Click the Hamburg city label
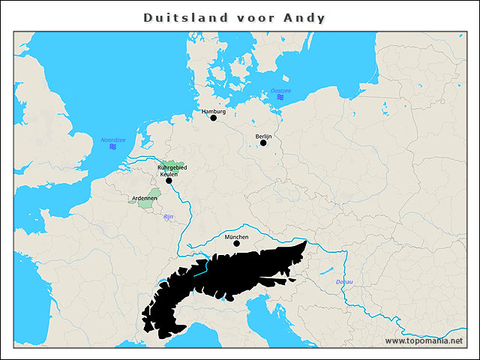[x=214, y=111]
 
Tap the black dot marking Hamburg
[x=214, y=118]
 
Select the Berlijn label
[x=263, y=136]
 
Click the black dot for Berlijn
[x=263, y=142]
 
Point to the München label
[x=236, y=236]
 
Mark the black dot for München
[x=236, y=243]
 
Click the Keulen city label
[x=169, y=174]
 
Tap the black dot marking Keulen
[x=169, y=181]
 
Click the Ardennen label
[x=144, y=198]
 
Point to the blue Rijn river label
[x=168, y=217]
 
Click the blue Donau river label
[x=344, y=282]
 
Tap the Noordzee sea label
[x=112, y=139]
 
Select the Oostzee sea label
[x=280, y=91]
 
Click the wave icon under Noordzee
[x=112, y=147]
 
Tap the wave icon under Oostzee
[x=280, y=98]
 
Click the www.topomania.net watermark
[x=424, y=340]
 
